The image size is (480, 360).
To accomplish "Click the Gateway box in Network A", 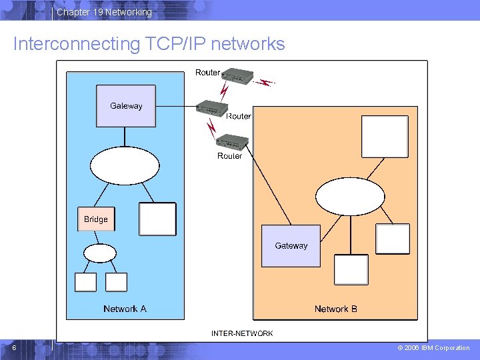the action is coord(126,106).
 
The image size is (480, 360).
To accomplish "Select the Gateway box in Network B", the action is coord(291,246).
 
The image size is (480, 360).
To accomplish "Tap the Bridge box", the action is coord(96,219).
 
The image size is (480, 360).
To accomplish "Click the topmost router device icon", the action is coord(237,75).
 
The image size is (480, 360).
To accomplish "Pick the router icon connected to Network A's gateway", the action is coord(212,109).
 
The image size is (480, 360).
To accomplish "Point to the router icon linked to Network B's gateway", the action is coord(232,142).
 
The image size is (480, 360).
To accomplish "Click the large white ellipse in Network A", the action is coord(125,165).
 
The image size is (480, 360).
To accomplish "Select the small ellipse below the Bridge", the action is coord(100,253).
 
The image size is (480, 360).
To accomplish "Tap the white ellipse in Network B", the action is coord(350,197).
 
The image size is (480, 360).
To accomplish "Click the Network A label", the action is coord(125,309).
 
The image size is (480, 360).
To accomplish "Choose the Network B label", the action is coord(336,309).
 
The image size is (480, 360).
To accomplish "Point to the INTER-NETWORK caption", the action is coord(242,333).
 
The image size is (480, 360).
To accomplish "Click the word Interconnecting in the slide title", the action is coord(77,44).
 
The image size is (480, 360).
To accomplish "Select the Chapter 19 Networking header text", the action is coord(105,12).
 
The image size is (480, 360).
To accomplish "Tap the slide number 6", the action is coord(14,347).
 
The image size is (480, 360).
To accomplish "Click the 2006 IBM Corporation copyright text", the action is coord(433,348).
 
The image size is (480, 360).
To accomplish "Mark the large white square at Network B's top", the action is coord(385,137).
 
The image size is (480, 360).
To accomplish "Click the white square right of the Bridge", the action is coord(157,219).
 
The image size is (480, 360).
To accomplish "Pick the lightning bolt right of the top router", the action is coord(264,83).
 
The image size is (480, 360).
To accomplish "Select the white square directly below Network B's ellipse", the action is coord(351,270).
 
